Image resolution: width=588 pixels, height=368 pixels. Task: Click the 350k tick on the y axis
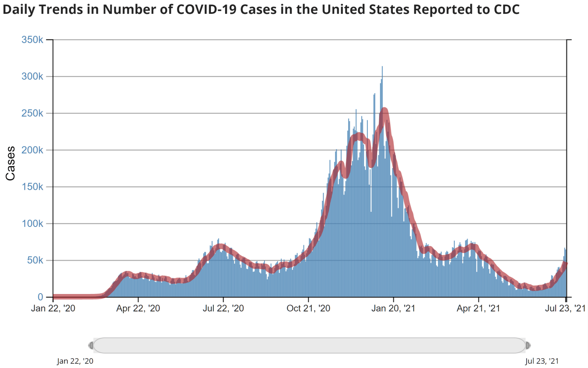[32, 40]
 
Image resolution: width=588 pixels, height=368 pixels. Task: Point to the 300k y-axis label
[32, 76]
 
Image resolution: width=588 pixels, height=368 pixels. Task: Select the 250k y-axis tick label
[32, 113]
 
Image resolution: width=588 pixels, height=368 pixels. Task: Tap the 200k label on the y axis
[32, 150]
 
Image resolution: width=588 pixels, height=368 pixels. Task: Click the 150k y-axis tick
[32, 187]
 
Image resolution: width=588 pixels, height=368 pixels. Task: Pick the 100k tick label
[32, 224]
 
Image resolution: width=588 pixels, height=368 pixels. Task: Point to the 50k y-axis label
[35, 260]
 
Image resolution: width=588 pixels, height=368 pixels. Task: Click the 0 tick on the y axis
[40, 297]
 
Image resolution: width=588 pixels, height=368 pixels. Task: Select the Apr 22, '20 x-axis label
[138, 308]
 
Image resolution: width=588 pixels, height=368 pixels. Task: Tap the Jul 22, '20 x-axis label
[223, 308]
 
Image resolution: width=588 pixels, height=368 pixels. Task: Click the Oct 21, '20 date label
[309, 308]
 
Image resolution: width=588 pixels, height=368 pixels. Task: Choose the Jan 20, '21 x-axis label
[393, 308]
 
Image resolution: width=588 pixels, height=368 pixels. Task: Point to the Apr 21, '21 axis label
[478, 308]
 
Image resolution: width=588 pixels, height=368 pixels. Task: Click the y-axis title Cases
[10, 164]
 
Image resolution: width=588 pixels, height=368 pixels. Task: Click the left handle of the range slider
[91, 346]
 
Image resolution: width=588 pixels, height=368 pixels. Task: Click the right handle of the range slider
[528, 346]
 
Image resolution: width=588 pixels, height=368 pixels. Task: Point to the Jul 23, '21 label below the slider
[542, 361]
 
